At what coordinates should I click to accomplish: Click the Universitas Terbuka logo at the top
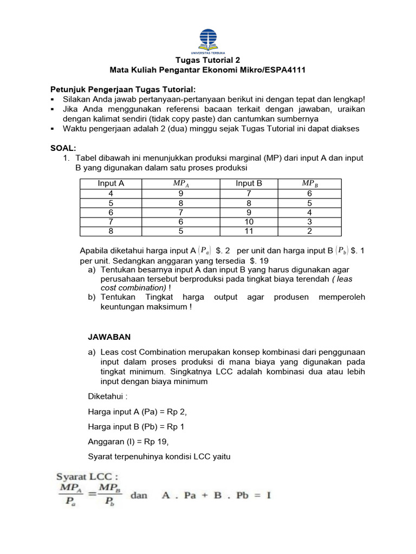click(208, 39)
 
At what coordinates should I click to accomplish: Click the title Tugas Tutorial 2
click(208, 60)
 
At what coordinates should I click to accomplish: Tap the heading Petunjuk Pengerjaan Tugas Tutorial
click(123, 89)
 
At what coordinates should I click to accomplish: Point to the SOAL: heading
click(63, 148)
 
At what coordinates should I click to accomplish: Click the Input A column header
click(110, 183)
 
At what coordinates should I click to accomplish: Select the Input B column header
click(249, 183)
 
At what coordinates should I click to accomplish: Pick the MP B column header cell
click(309, 184)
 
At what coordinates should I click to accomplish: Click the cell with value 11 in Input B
click(249, 231)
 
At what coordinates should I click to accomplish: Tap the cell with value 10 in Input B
click(249, 222)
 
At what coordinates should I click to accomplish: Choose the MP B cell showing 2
click(309, 231)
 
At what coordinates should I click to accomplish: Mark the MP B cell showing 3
click(309, 222)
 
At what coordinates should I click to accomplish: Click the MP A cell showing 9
click(181, 193)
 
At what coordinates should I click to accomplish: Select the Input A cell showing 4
click(110, 193)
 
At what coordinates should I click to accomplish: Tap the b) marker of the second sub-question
click(92, 297)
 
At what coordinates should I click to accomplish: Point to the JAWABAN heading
click(109, 337)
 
